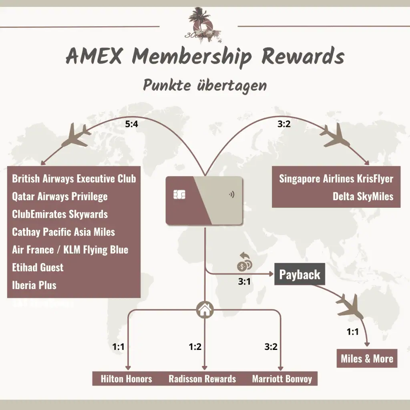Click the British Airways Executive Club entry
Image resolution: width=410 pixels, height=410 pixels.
point(74,179)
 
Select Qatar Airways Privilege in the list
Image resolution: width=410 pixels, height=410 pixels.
point(60,197)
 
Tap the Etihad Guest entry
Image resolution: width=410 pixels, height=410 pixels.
point(38,267)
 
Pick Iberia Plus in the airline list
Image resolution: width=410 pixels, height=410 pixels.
point(34,285)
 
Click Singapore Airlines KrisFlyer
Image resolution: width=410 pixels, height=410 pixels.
point(336,179)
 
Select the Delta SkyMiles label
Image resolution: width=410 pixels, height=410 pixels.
point(363,197)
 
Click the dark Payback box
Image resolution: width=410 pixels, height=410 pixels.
point(299,275)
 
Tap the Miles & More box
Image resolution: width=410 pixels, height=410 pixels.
point(367,359)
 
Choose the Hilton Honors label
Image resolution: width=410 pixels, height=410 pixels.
point(127,379)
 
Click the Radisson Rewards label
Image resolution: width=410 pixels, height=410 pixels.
point(202,379)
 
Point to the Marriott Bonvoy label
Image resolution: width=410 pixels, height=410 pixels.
point(282,379)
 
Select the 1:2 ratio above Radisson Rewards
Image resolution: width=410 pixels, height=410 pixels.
point(195,347)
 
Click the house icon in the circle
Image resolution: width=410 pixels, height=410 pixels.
point(205,309)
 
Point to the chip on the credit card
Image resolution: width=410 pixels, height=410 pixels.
point(179,195)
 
